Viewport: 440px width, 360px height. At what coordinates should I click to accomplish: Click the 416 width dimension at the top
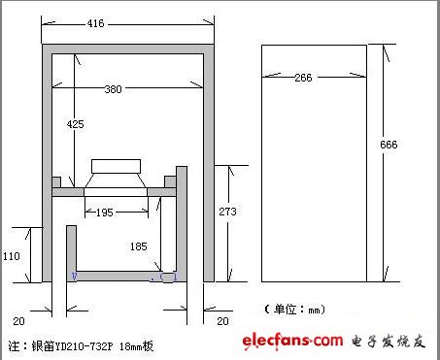95,23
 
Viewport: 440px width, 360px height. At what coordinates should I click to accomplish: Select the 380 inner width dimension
113,89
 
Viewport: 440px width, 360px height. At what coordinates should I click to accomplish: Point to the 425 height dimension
75,124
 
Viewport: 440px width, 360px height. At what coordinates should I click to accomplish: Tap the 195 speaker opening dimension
105,213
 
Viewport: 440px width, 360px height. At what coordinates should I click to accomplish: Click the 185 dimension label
138,246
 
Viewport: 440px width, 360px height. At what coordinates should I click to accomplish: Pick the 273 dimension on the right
227,212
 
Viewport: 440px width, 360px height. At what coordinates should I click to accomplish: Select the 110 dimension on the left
12,256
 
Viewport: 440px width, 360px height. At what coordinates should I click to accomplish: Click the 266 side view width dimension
303,78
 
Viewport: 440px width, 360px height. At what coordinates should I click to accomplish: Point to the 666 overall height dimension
389,145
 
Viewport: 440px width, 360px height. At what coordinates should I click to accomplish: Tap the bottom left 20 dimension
18,321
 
